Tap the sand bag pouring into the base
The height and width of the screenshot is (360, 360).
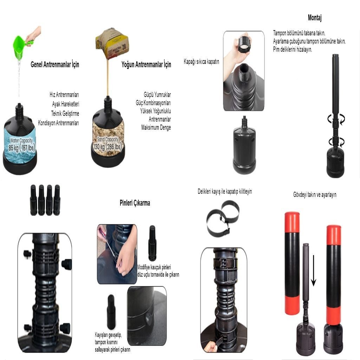tap(112, 43)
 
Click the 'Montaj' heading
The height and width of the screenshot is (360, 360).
tap(315, 18)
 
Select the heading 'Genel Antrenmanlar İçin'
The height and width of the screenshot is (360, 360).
tap(55, 65)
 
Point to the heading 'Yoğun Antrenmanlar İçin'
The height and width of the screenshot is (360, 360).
tap(146, 65)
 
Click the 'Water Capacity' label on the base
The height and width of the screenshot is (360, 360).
tap(21, 140)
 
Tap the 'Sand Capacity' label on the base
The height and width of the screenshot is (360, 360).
tap(108, 139)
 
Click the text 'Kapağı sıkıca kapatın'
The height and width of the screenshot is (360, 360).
tap(201, 61)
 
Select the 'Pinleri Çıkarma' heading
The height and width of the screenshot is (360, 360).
tap(135, 203)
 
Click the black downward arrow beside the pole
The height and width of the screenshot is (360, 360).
tap(313, 270)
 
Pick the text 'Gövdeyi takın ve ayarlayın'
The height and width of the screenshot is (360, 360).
tap(315, 195)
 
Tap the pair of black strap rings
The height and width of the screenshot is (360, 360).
tap(223, 218)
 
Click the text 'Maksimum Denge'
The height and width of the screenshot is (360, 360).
tap(156, 127)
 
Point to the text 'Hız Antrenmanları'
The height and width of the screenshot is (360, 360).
tap(64, 94)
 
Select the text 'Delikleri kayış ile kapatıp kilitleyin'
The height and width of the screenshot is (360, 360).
tap(225, 191)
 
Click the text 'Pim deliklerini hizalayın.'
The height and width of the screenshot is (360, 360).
tap(293, 50)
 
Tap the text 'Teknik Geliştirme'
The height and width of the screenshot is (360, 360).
tap(65, 113)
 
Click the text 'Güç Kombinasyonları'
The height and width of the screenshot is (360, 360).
tap(153, 103)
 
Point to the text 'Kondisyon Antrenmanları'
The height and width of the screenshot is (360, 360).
tap(59, 123)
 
